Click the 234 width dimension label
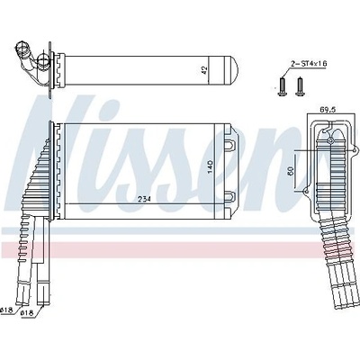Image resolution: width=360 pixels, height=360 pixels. pos(144,199)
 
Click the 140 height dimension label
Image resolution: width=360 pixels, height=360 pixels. pos(210,166)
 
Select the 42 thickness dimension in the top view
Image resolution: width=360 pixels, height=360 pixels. pos(204,70)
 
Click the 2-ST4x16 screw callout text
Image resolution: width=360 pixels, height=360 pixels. pos(309,64)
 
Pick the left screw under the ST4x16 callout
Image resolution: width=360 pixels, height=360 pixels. pos(282,86)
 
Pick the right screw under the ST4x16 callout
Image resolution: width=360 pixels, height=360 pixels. pos(300,86)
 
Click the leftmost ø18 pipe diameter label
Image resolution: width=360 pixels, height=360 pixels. pos(6,310)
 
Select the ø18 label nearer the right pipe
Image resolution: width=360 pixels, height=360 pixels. pos(26,313)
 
